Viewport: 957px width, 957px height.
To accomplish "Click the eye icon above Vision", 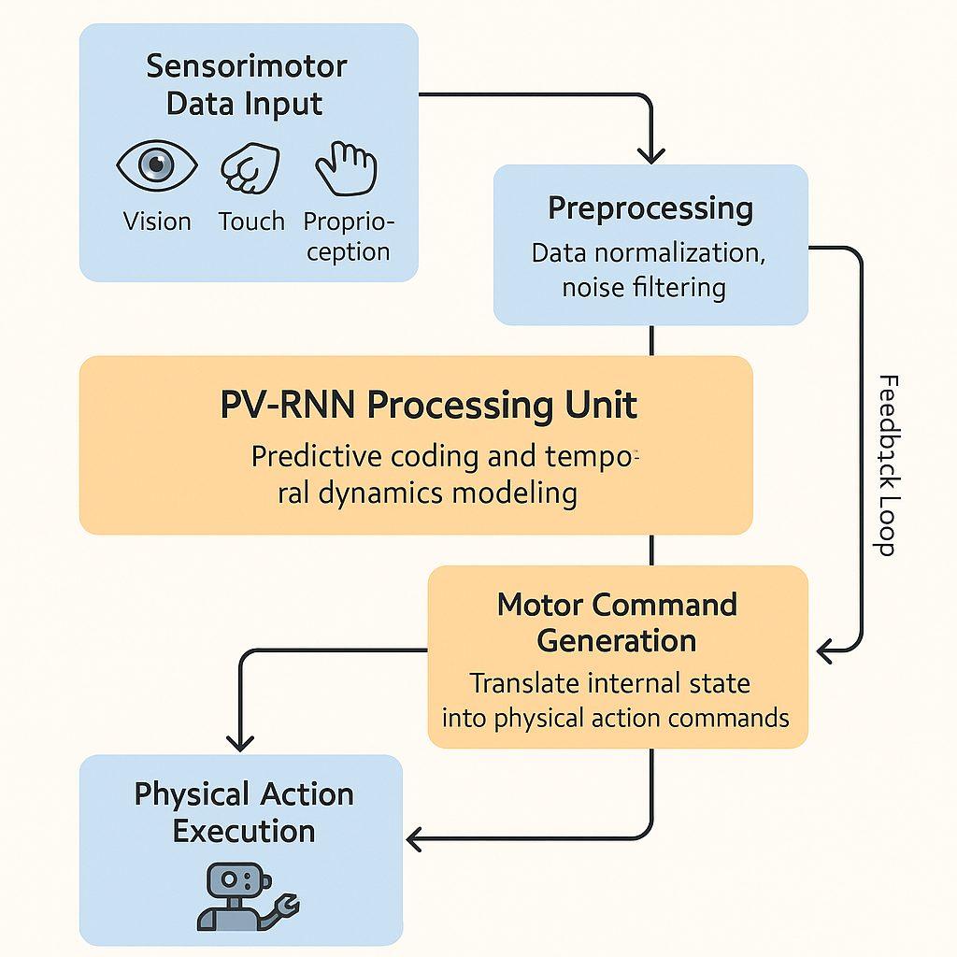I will tap(156, 166).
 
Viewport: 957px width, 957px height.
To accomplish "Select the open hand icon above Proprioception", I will tap(346, 166).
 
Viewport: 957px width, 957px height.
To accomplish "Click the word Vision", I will tap(157, 221).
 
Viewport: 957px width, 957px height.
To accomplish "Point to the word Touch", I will tap(251, 221).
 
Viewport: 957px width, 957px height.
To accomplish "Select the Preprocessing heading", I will tap(650, 207).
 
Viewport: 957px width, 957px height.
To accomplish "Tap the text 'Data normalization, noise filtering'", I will tap(649, 270).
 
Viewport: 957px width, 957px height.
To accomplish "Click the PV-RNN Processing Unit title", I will tap(429, 406).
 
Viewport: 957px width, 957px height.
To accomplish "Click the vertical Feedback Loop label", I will tap(887, 464).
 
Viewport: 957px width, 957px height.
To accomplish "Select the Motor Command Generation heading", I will tap(617, 622).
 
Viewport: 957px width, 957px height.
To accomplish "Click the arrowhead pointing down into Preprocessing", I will tap(651, 154).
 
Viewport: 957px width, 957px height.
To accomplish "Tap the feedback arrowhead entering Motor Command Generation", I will tap(826, 649).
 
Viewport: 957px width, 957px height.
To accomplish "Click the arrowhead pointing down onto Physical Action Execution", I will tap(241, 742).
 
